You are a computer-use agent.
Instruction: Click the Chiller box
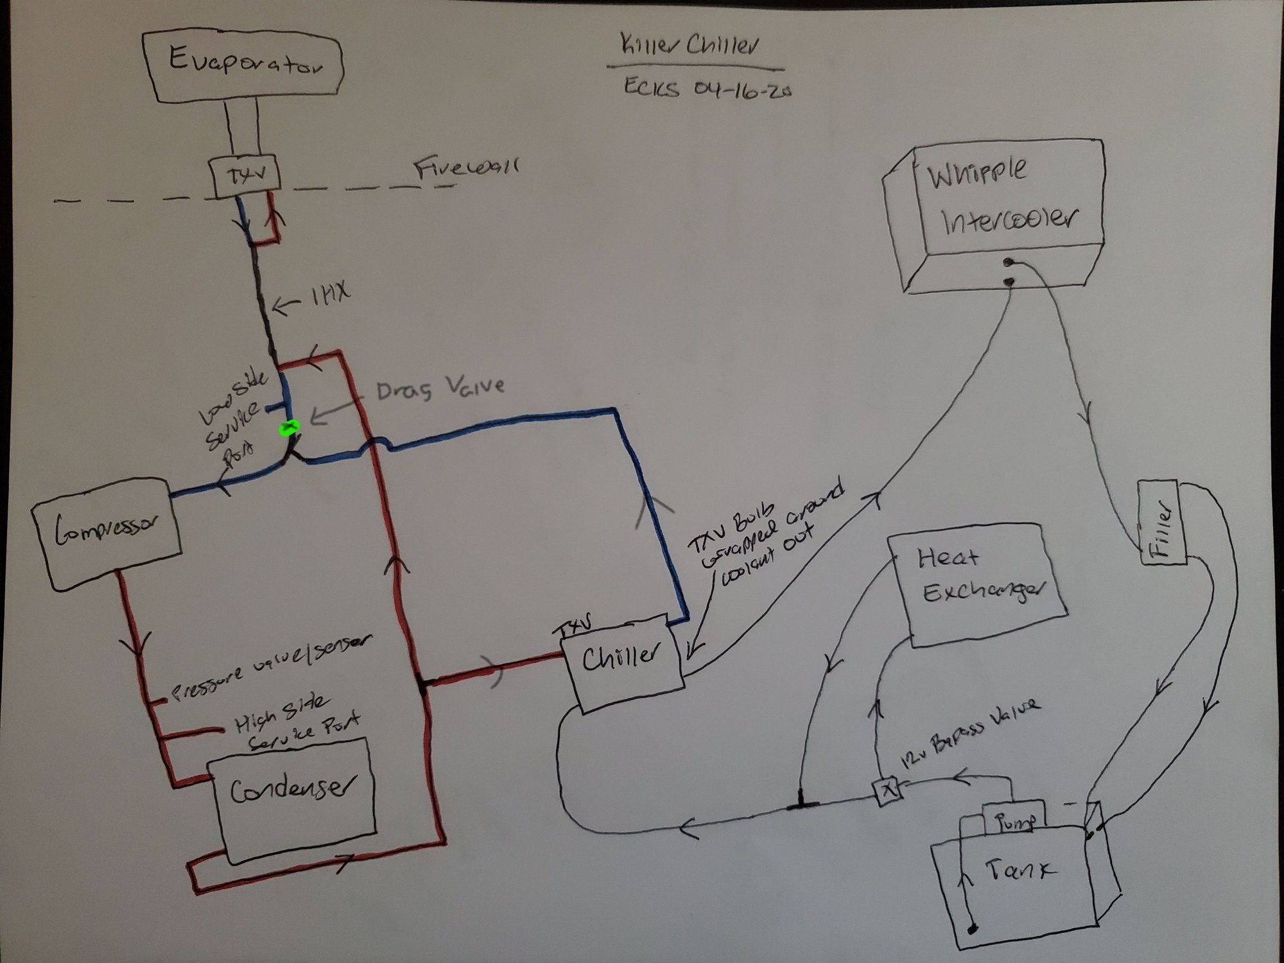coord(621,661)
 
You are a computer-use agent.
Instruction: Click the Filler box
coord(1163,521)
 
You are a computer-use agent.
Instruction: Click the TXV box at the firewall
coord(247,175)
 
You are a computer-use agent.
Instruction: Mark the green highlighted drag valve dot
coord(290,427)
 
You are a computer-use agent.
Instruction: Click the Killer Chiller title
coord(691,46)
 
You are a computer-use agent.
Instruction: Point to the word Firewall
coord(466,168)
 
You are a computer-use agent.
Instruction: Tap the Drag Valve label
coord(440,388)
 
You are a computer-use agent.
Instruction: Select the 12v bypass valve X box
coord(889,790)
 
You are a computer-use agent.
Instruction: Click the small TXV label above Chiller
coord(575,629)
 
